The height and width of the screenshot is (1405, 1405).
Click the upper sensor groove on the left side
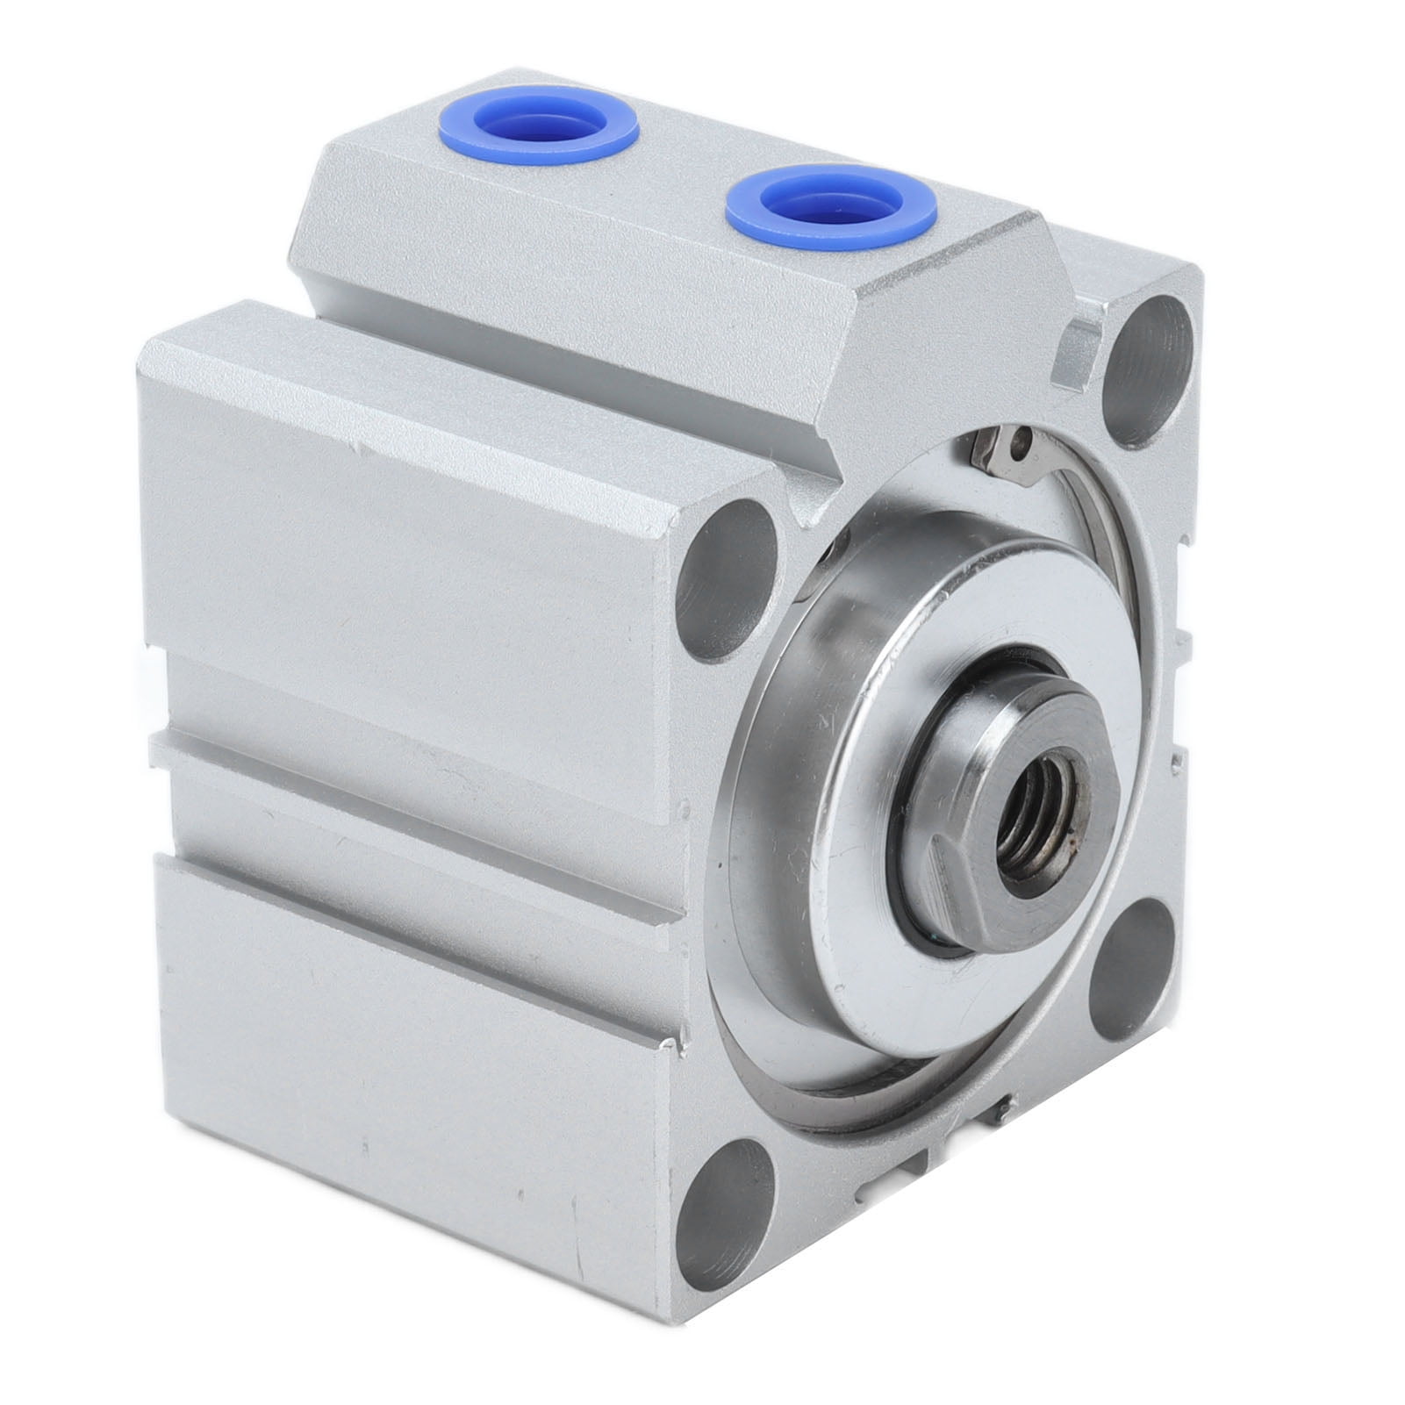[421, 709]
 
